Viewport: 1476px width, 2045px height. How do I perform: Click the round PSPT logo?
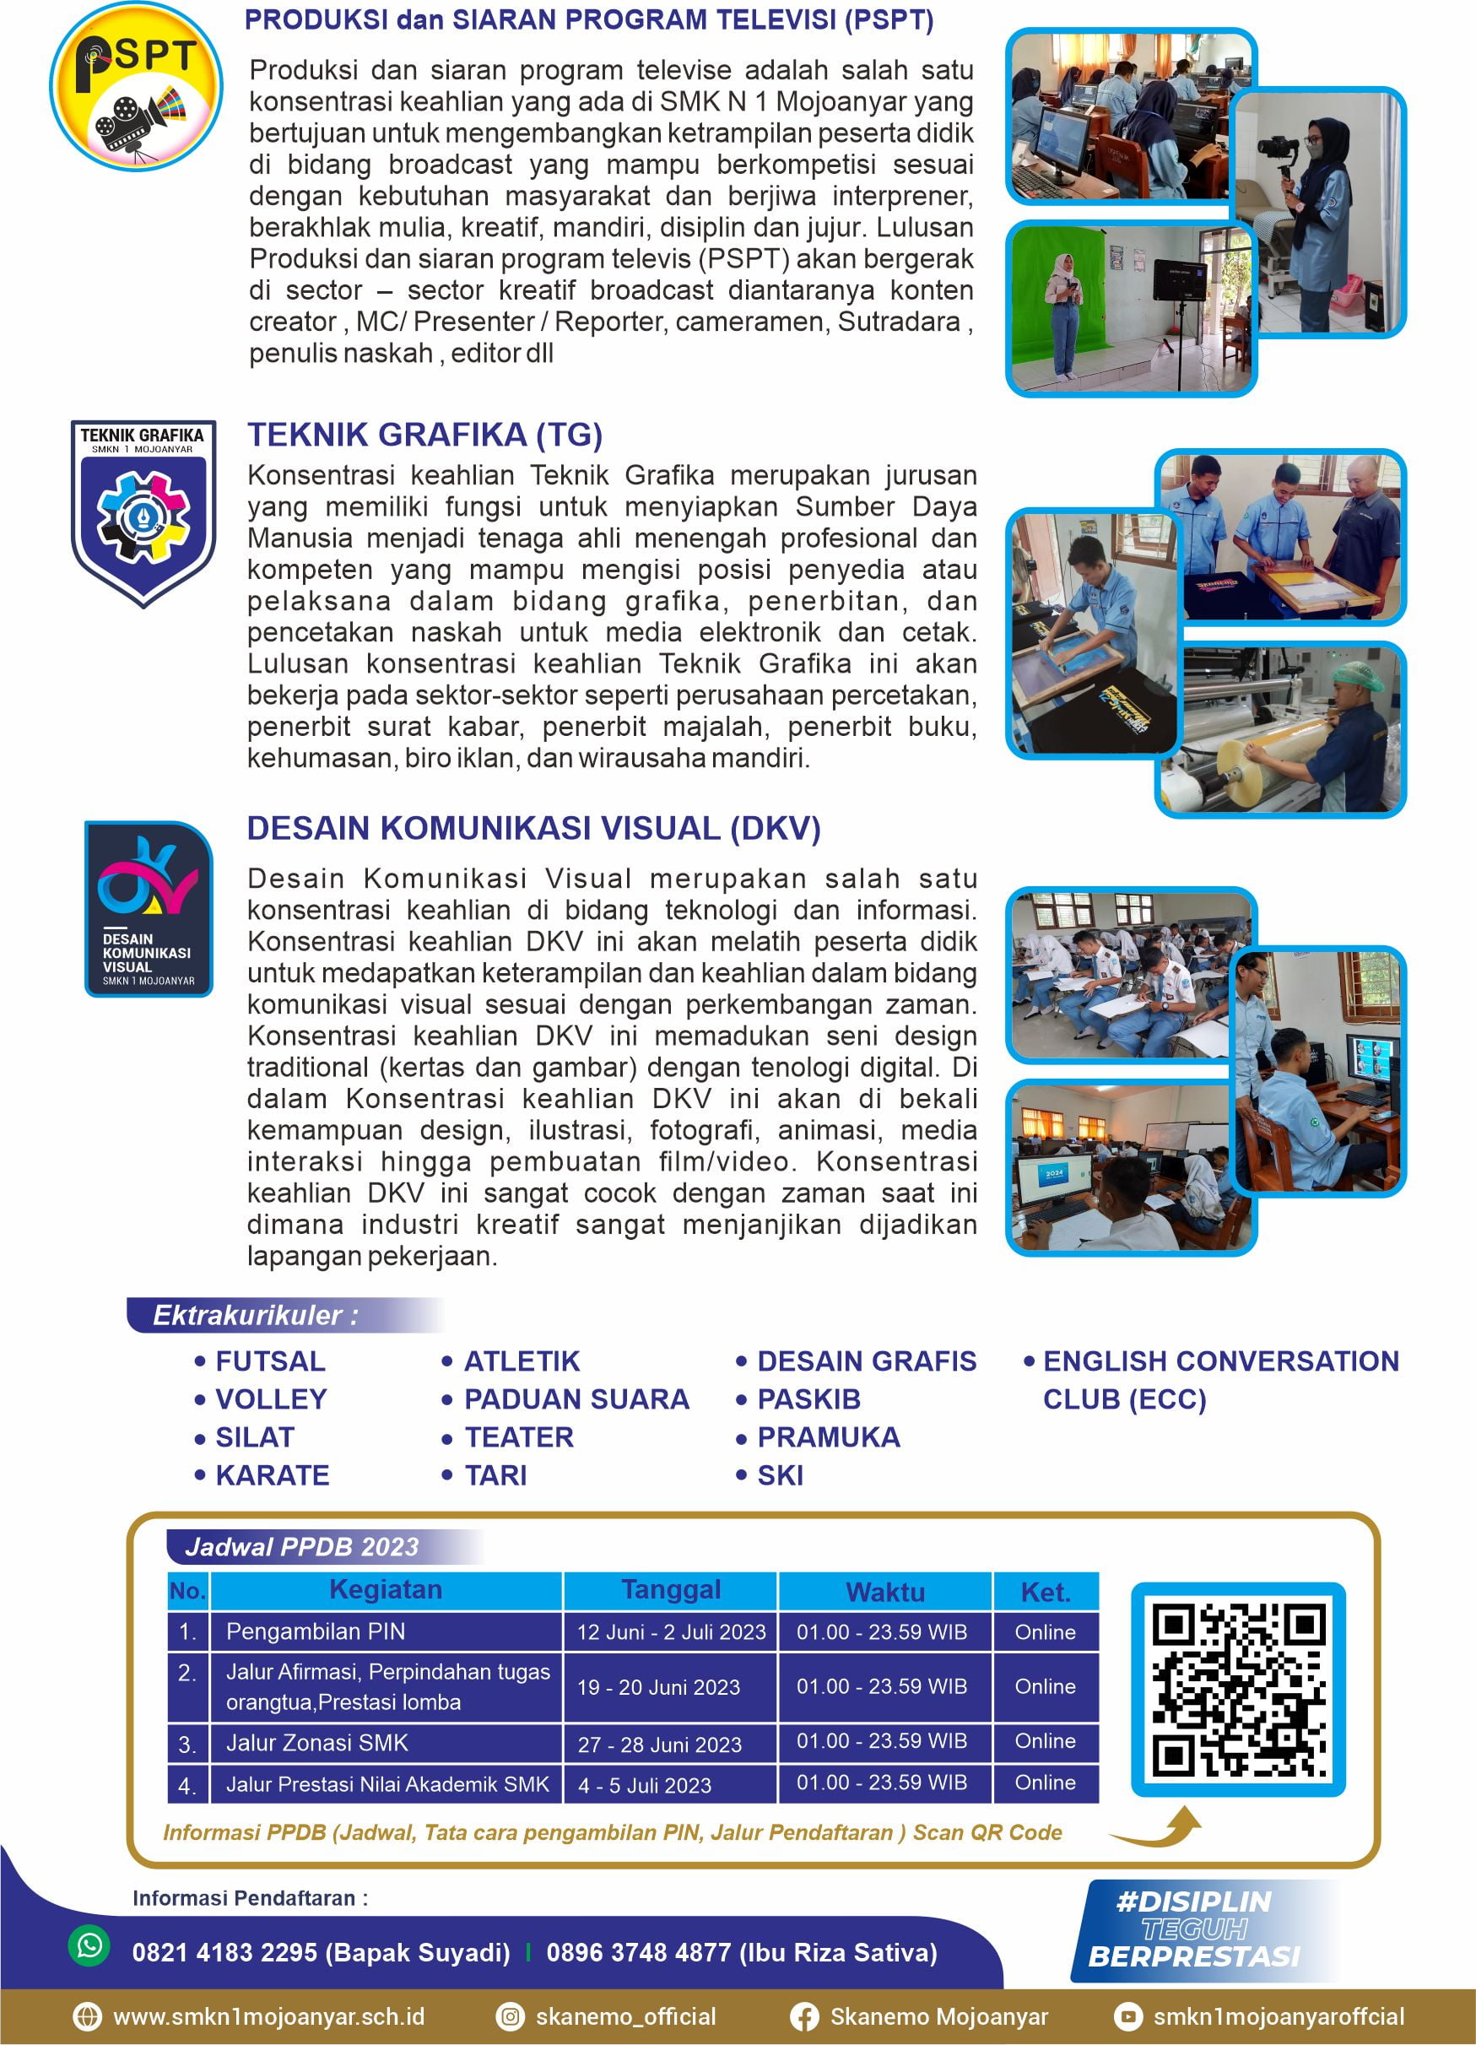(x=135, y=87)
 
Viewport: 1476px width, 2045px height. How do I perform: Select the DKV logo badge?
(x=149, y=908)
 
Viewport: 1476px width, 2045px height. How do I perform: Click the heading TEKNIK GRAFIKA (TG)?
(x=424, y=435)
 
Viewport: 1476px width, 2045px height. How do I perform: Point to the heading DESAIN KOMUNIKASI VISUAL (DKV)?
(x=534, y=829)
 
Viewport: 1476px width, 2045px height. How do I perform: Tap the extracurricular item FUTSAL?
(x=269, y=1361)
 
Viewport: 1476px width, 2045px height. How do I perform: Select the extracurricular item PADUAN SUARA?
(x=576, y=1398)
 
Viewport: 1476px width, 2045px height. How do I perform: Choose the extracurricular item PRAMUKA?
(x=828, y=1436)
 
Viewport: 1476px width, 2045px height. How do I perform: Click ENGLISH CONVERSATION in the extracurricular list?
(x=1220, y=1361)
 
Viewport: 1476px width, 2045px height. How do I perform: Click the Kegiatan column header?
(x=386, y=1589)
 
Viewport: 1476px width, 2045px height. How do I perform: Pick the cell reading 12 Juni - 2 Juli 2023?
(x=671, y=1632)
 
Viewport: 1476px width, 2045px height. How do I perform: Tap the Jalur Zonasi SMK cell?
(x=316, y=1743)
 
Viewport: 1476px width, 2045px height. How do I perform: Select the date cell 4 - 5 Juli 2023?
(x=645, y=1785)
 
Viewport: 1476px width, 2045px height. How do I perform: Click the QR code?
(x=1238, y=1690)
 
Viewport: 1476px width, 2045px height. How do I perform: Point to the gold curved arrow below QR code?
(x=1159, y=1826)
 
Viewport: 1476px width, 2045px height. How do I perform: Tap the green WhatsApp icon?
(x=89, y=1945)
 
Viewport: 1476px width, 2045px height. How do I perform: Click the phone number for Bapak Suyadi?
(x=321, y=1952)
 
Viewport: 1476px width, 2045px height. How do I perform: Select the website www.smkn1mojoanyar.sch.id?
(x=268, y=2016)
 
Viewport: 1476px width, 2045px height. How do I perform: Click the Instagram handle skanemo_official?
(x=624, y=2016)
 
